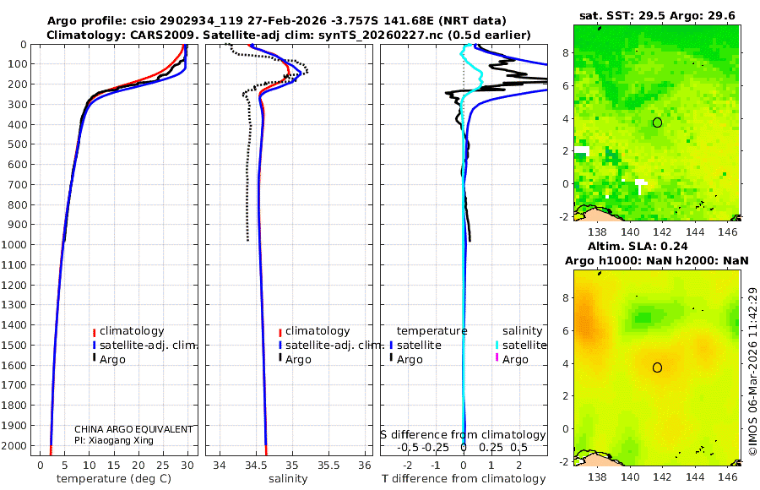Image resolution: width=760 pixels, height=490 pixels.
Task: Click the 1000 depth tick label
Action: [16, 245]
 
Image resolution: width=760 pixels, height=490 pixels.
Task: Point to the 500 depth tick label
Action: [19, 144]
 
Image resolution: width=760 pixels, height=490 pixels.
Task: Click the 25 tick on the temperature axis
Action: [163, 465]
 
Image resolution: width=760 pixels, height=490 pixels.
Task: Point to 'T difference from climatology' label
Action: [464, 479]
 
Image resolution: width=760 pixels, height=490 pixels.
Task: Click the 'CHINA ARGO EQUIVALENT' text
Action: [133, 429]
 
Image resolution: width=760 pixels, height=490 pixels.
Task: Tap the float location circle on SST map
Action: [657, 122]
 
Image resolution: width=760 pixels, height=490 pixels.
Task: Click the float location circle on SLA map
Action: [657, 367]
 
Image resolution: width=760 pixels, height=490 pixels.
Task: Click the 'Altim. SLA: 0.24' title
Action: [656, 245]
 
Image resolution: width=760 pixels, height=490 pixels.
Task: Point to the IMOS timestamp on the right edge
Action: [752, 372]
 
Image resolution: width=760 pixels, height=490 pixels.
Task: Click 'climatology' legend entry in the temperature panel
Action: [132, 331]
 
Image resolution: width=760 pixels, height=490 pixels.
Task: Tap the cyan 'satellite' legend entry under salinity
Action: [524, 346]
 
